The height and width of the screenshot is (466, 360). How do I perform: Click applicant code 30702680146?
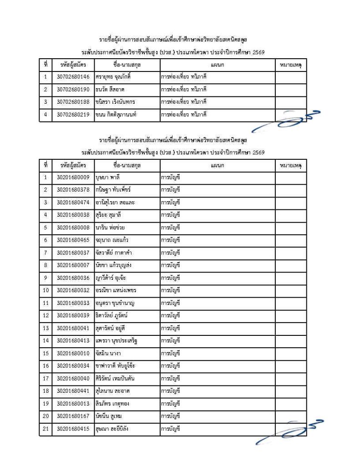click(x=73, y=77)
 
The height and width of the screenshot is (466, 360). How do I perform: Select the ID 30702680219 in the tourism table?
click(x=73, y=115)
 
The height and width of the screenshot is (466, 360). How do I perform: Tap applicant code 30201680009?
click(x=73, y=178)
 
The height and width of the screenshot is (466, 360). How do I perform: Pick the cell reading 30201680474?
click(x=73, y=202)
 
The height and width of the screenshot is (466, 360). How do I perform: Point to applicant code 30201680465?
click(x=73, y=239)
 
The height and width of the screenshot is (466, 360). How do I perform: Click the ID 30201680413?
click(x=73, y=340)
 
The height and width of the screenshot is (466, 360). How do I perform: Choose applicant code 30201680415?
click(x=73, y=428)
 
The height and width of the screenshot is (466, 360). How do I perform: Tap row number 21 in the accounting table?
click(x=46, y=428)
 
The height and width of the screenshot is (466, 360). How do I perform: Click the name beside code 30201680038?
click(x=111, y=214)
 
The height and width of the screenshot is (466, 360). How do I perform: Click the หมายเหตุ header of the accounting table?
click(x=290, y=166)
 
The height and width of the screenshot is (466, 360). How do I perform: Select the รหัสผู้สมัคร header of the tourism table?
click(x=73, y=65)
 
